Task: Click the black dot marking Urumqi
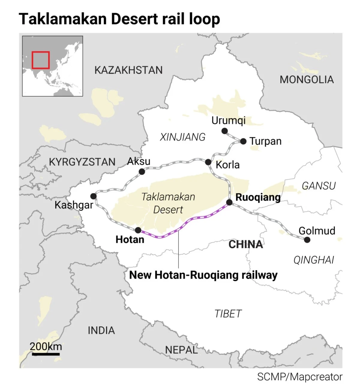click(224, 131)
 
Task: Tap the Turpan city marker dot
click(243, 141)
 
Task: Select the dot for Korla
click(208, 162)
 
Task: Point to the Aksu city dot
click(142, 172)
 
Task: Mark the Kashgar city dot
click(93, 196)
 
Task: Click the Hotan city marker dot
click(138, 230)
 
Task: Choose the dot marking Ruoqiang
click(229, 202)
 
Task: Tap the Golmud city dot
click(307, 240)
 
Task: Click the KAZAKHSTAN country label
click(128, 70)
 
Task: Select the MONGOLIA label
click(307, 80)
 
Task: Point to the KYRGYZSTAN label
click(82, 162)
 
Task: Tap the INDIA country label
click(101, 330)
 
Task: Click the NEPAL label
click(181, 350)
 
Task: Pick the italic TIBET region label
click(228, 314)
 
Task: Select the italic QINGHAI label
click(313, 260)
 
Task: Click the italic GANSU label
click(319, 186)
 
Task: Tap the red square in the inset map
click(40, 60)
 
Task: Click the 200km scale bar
click(46, 354)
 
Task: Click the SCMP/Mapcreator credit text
click(300, 377)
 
